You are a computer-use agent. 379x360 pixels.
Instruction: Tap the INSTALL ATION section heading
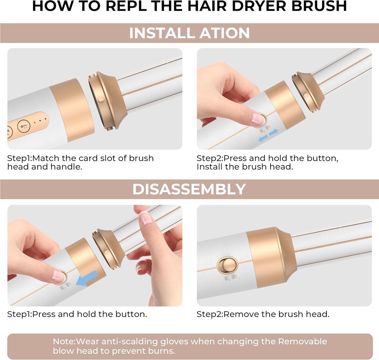[x=189, y=33]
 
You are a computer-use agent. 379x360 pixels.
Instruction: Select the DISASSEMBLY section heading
[x=189, y=189]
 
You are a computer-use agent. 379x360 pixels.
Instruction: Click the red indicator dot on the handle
[x=35, y=122]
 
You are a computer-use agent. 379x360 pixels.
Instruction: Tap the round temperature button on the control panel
[x=24, y=126]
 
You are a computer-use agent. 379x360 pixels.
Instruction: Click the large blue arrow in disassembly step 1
[x=86, y=278]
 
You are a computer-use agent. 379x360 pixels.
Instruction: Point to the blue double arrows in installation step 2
[x=268, y=135]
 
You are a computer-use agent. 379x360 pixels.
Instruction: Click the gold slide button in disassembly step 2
[x=227, y=266]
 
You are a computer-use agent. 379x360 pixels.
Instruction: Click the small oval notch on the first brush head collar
[x=101, y=99]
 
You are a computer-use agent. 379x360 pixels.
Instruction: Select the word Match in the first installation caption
[x=46, y=158]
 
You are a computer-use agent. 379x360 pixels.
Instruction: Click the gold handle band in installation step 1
[x=72, y=110]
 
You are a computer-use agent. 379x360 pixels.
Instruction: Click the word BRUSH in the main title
[x=319, y=6]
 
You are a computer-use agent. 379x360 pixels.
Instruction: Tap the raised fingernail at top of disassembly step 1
[x=146, y=218]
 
